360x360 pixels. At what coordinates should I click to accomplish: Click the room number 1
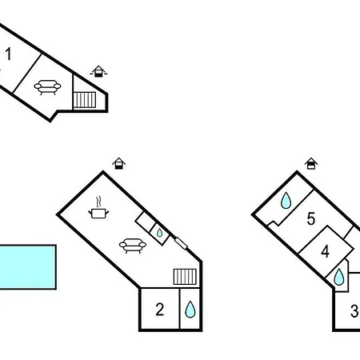pyautogui.click(x=8, y=54)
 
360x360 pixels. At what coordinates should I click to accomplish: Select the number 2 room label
pyautogui.click(x=160, y=310)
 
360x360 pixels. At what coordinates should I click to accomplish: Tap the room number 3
pyautogui.click(x=354, y=311)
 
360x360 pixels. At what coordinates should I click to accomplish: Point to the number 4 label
pyautogui.click(x=325, y=251)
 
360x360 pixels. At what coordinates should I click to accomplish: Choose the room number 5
pyautogui.click(x=311, y=218)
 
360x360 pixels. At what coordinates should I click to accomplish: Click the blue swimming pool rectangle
pyautogui.click(x=27, y=267)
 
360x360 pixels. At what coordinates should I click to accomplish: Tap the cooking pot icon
pyautogui.click(x=98, y=214)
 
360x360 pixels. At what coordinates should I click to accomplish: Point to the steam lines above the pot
pyautogui.click(x=98, y=202)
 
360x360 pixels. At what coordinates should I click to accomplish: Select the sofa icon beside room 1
pyautogui.click(x=47, y=87)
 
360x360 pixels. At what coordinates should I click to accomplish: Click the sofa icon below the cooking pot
pyautogui.click(x=133, y=246)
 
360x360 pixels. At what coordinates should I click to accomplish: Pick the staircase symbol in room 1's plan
pyautogui.click(x=85, y=100)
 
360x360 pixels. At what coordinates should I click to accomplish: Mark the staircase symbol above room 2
pyautogui.click(x=185, y=277)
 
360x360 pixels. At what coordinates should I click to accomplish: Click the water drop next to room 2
pyautogui.click(x=190, y=310)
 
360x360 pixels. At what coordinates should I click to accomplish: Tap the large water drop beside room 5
pyautogui.click(x=286, y=200)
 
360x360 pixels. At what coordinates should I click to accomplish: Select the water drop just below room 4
pyautogui.click(x=339, y=277)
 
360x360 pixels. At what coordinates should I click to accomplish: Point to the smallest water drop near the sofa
pyautogui.click(x=159, y=233)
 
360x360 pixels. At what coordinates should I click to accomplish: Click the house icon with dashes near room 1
pyautogui.click(x=98, y=71)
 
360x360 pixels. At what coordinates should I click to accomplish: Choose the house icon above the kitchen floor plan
pyautogui.click(x=119, y=163)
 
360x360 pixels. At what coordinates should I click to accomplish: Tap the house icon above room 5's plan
pyautogui.click(x=311, y=163)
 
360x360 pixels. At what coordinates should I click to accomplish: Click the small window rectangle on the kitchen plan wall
pyautogui.click(x=181, y=243)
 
